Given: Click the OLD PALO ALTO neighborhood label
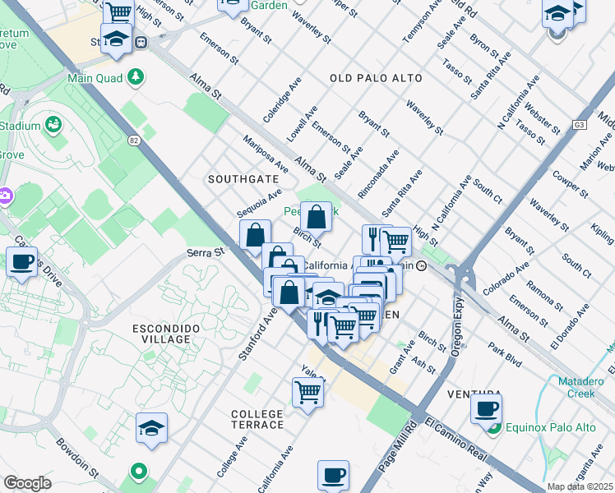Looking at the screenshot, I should coord(376,78).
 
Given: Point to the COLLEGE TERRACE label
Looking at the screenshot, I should coord(257,419).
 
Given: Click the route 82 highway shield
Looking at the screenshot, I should coord(134,141).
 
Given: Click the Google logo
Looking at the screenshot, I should coord(27,483).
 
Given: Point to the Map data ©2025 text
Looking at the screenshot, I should coord(579,486).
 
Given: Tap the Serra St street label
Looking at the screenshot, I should coord(206,253).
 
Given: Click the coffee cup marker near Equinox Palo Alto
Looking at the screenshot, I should coord(486,408).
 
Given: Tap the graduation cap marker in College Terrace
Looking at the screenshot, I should coord(151,427).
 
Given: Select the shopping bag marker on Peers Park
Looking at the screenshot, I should coord(316,217).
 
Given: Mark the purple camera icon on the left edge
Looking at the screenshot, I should coord(5,196).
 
